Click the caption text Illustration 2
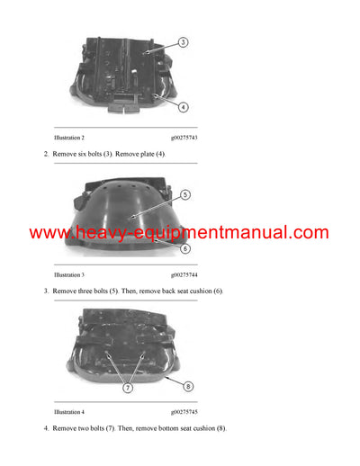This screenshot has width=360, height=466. [69, 138]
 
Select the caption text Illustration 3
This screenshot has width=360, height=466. [69, 273]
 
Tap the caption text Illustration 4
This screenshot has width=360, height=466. [69, 410]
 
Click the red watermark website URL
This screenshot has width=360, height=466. [179, 233]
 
